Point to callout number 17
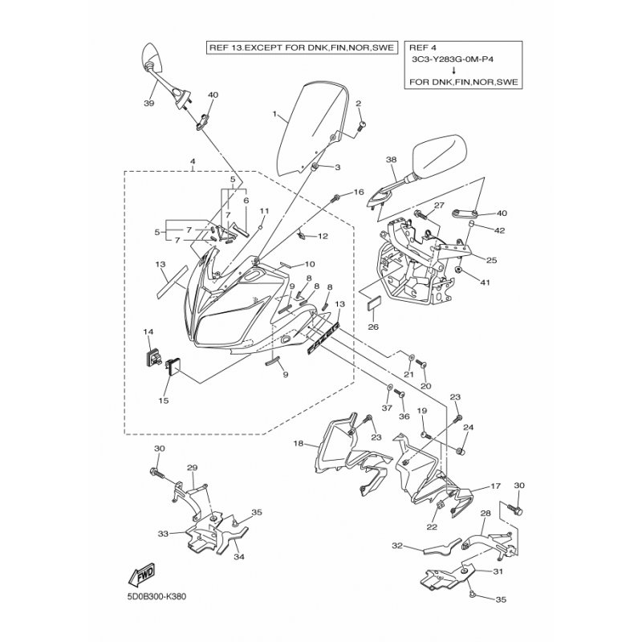pyautogui.click(x=495, y=486)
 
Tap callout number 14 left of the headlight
pyautogui.click(x=148, y=331)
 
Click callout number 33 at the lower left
pyautogui.click(x=162, y=533)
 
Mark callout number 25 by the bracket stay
pyautogui.click(x=491, y=259)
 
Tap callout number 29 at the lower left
pyautogui.click(x=192, y=467)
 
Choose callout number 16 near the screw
pyautogui.click(x=358, y=192)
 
